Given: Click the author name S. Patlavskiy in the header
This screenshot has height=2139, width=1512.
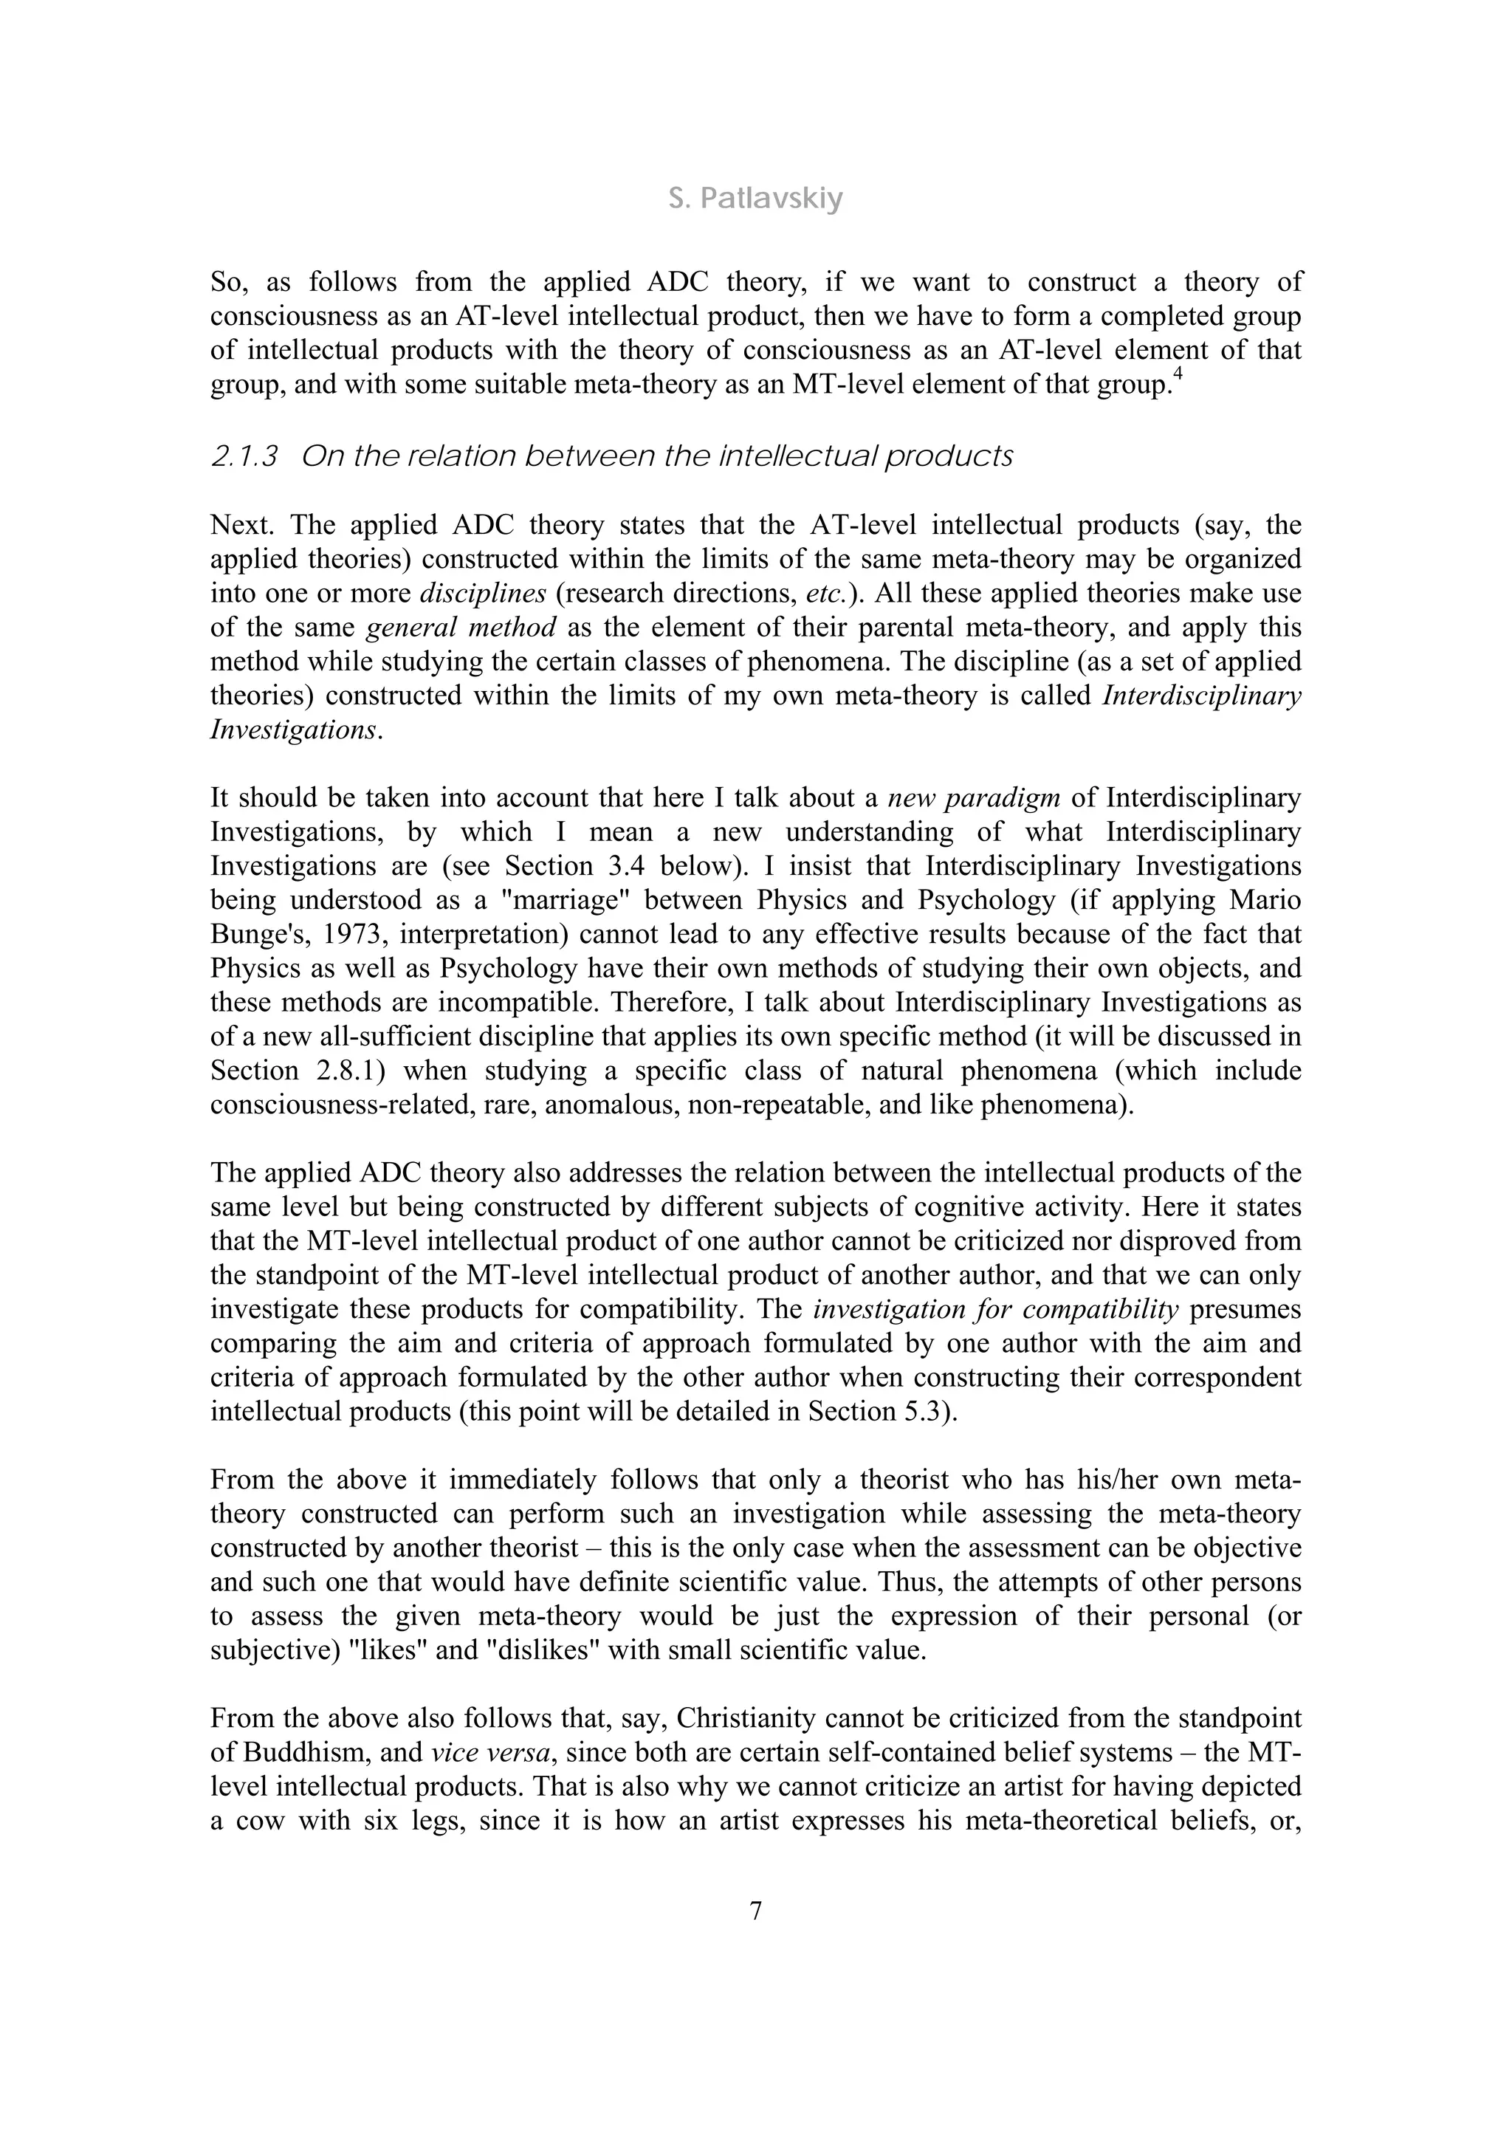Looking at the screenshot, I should point(755,199).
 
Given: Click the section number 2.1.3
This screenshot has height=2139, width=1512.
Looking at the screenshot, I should point(244,456).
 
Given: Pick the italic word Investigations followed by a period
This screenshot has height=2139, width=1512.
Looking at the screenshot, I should point(293,730).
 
